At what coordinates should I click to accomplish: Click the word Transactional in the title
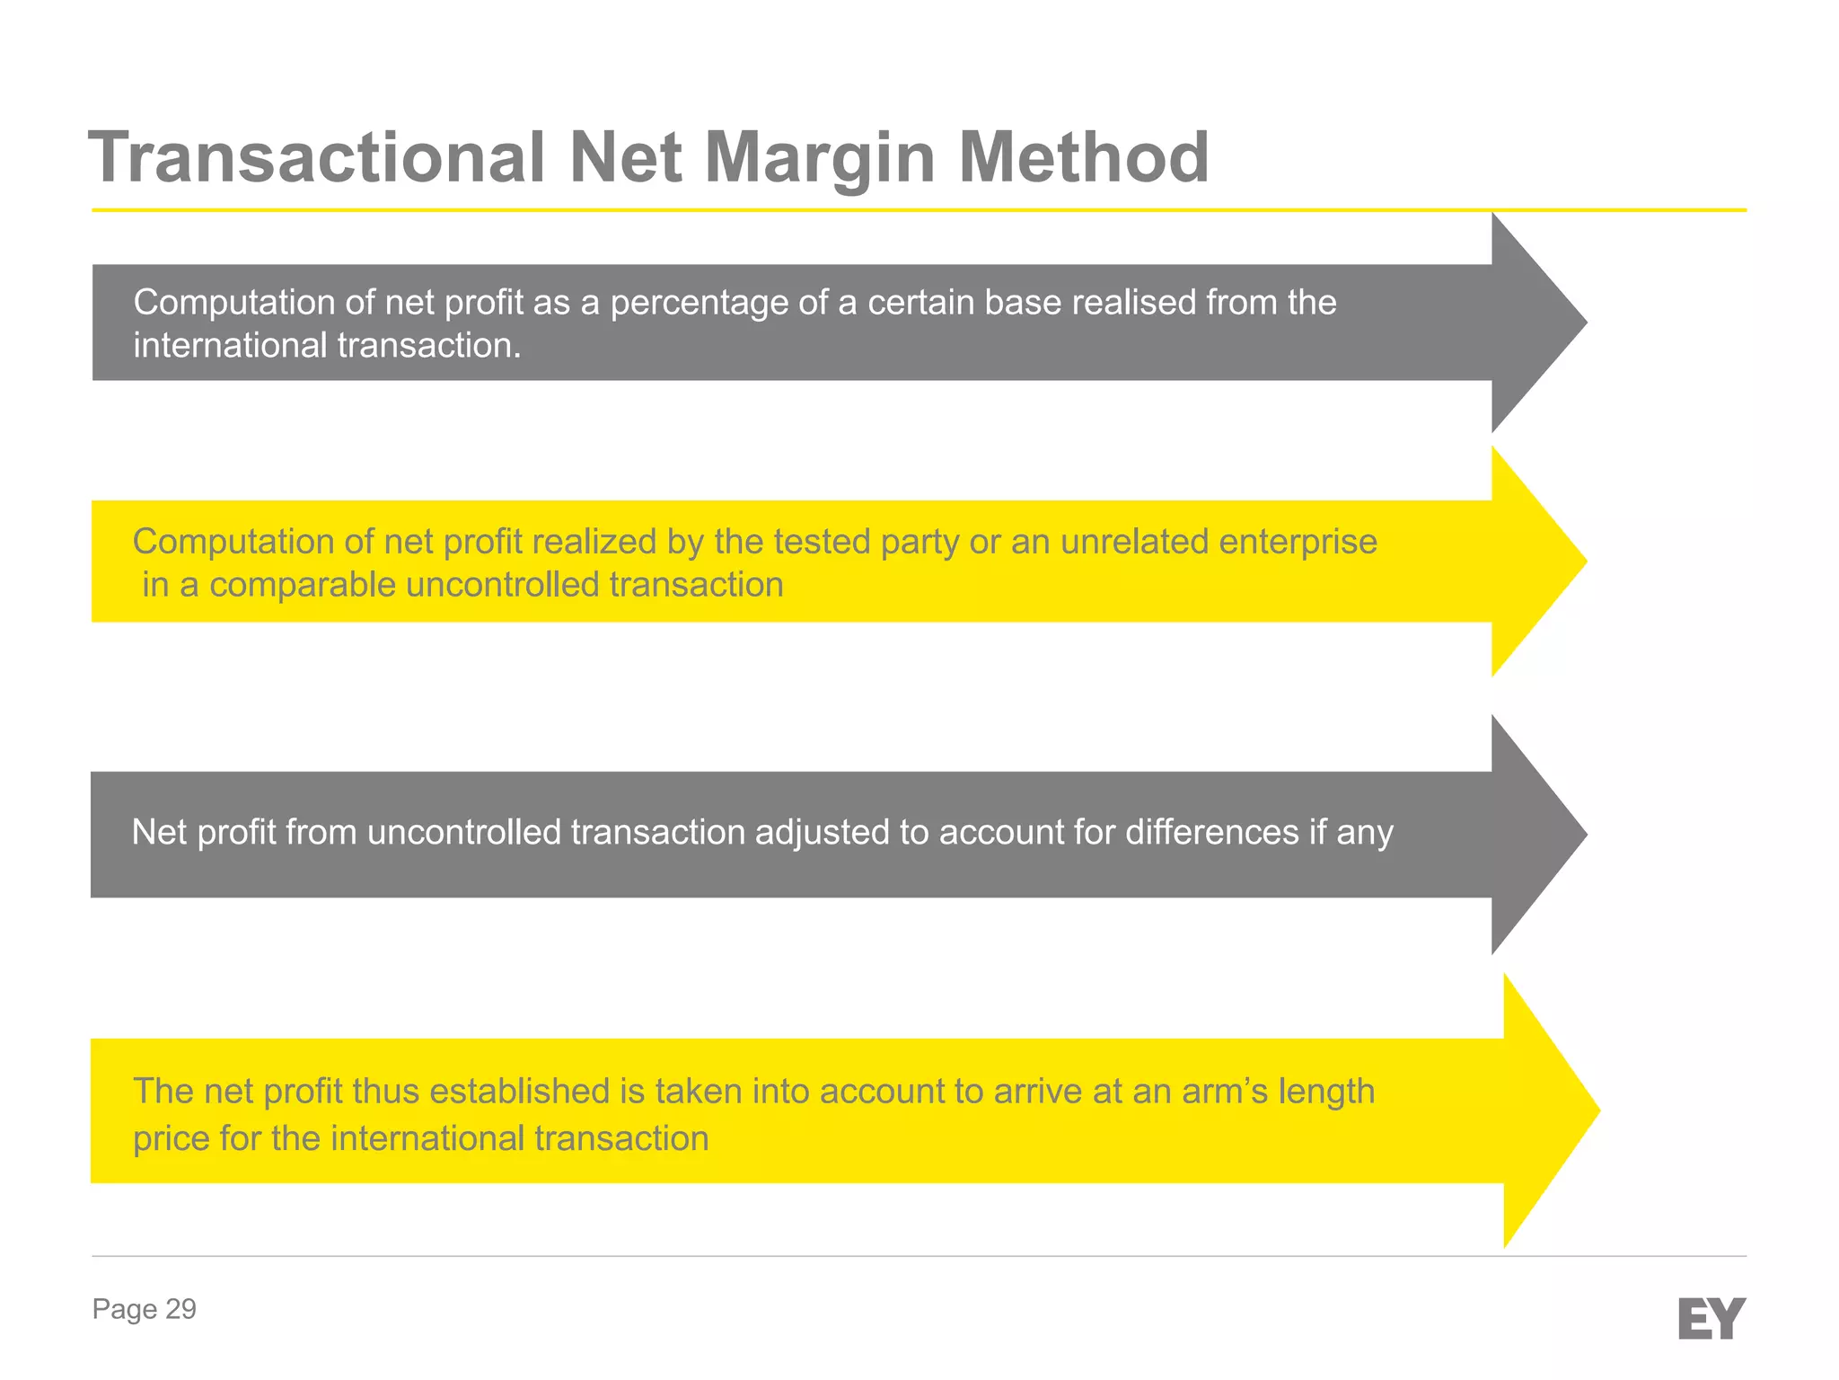coord(317,157)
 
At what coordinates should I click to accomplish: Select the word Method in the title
coord(1083,157)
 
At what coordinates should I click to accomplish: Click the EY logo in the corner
coord(1711,1318)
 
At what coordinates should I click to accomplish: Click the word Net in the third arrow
coord(159,833)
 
